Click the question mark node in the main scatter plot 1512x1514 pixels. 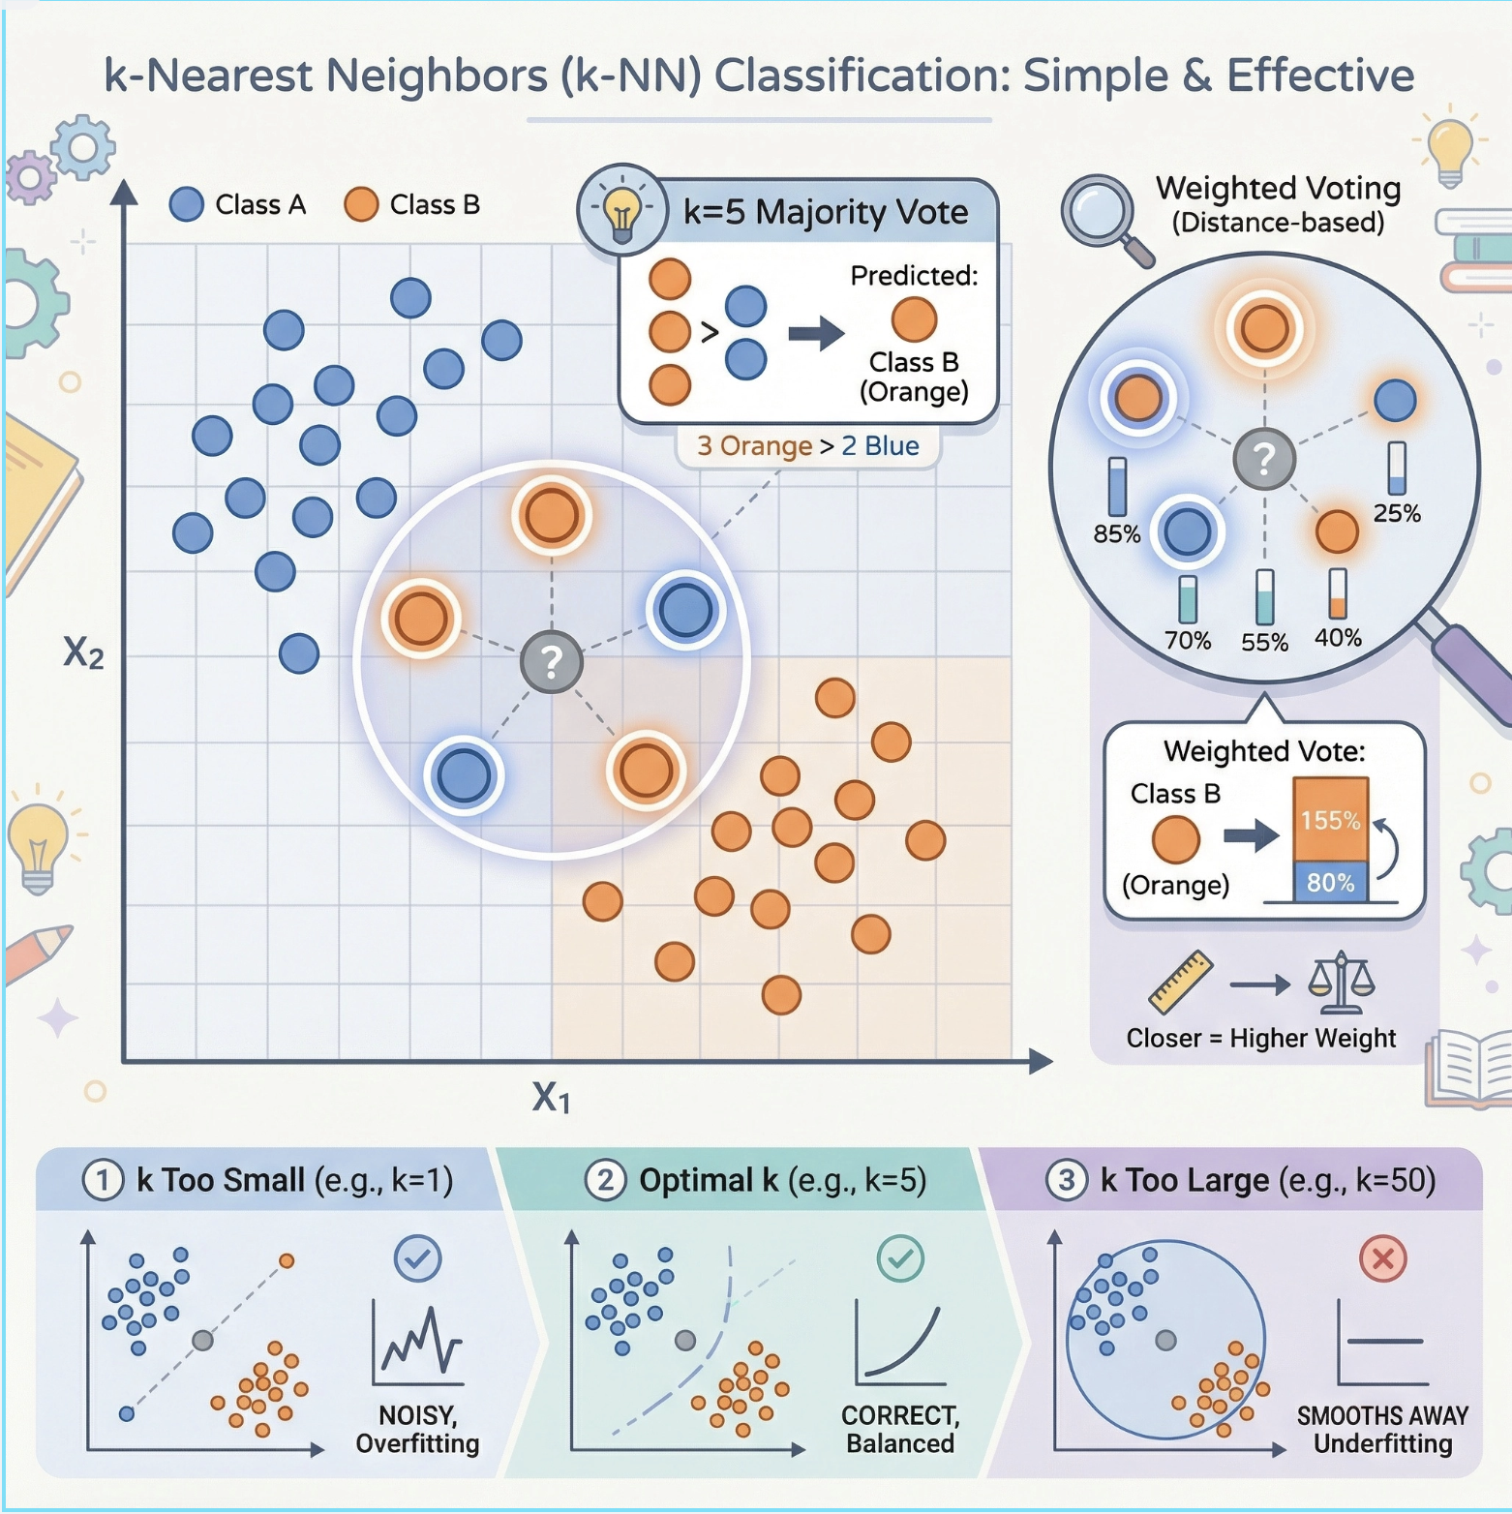pyautogui.click(x=552, y=662)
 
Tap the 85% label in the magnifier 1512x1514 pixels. pyautogui.click(x=1117, y=533)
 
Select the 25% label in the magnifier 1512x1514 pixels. pyautogui.click(x=1397, y=513)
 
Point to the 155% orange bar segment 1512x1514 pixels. pyautogui.click(x=1331, y=819)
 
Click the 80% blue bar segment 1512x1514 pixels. pyautogui.click(x=1331, y=882)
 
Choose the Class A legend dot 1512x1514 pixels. pyautogui.click(x=186, y=204)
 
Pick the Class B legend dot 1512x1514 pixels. pyautogui.click(x=361, y=204)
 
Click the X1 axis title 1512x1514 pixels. pyautogui.click(x=551, y=1098)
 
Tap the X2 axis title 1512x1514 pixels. pyautogui.click(x=83, y=653)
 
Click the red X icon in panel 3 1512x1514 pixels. pyautogui.click(x=1383, y=1258)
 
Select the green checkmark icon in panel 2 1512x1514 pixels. pyautogui.click(x=900, y=1258)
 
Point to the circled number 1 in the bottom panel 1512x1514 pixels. pyautogui.click(x=103, y=1180)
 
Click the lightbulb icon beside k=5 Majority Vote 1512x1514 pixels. pyautogui.click(x=621, y=209)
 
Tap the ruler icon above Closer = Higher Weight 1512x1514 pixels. pyautogui.click(x=1181, y=981)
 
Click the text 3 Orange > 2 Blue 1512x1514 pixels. pyautogui.click(x=808, y=445)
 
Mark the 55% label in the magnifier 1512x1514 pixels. pyautogui.click(x=1265, y=642)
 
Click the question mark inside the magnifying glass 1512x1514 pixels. pyautogui.click(x=1264, y=459)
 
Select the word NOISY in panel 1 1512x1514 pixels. pyautogui.click(x=417, y=1414)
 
